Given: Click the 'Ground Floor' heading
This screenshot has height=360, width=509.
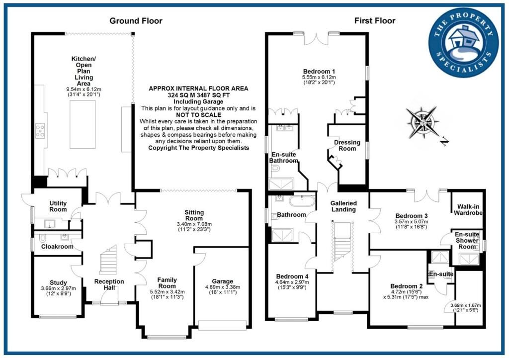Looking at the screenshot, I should (136, 20).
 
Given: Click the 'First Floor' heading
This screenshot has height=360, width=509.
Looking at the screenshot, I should (374, 20).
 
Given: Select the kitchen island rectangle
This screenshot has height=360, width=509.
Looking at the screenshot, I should (83, 124).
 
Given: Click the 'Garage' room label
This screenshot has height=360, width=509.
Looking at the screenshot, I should (222, 281).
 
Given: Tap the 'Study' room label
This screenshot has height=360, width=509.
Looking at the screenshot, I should (58, 282).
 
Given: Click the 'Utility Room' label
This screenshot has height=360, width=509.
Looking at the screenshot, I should (58, 206).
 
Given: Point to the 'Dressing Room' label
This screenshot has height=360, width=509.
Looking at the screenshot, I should (347, 146).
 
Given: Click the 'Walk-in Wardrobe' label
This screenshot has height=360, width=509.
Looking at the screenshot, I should (468, 209).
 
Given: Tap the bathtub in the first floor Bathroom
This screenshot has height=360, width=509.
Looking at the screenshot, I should (302, 202).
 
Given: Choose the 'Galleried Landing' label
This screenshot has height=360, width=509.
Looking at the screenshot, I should (343, 206).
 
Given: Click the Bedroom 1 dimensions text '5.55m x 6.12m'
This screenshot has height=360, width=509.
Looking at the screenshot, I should (319, 78).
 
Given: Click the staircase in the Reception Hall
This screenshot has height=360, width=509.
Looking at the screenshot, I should (108, 263).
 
